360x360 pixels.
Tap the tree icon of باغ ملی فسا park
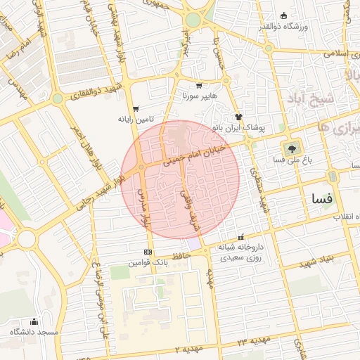point(290,148)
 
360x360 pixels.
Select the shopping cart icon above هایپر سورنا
point(200,84)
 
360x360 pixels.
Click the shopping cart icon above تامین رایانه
point(136,109)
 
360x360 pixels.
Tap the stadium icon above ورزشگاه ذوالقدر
point(283,15)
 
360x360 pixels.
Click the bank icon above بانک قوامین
point(148,252)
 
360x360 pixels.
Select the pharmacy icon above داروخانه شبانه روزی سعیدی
point(242,237)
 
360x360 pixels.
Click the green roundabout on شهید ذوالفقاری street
point(57,98)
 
